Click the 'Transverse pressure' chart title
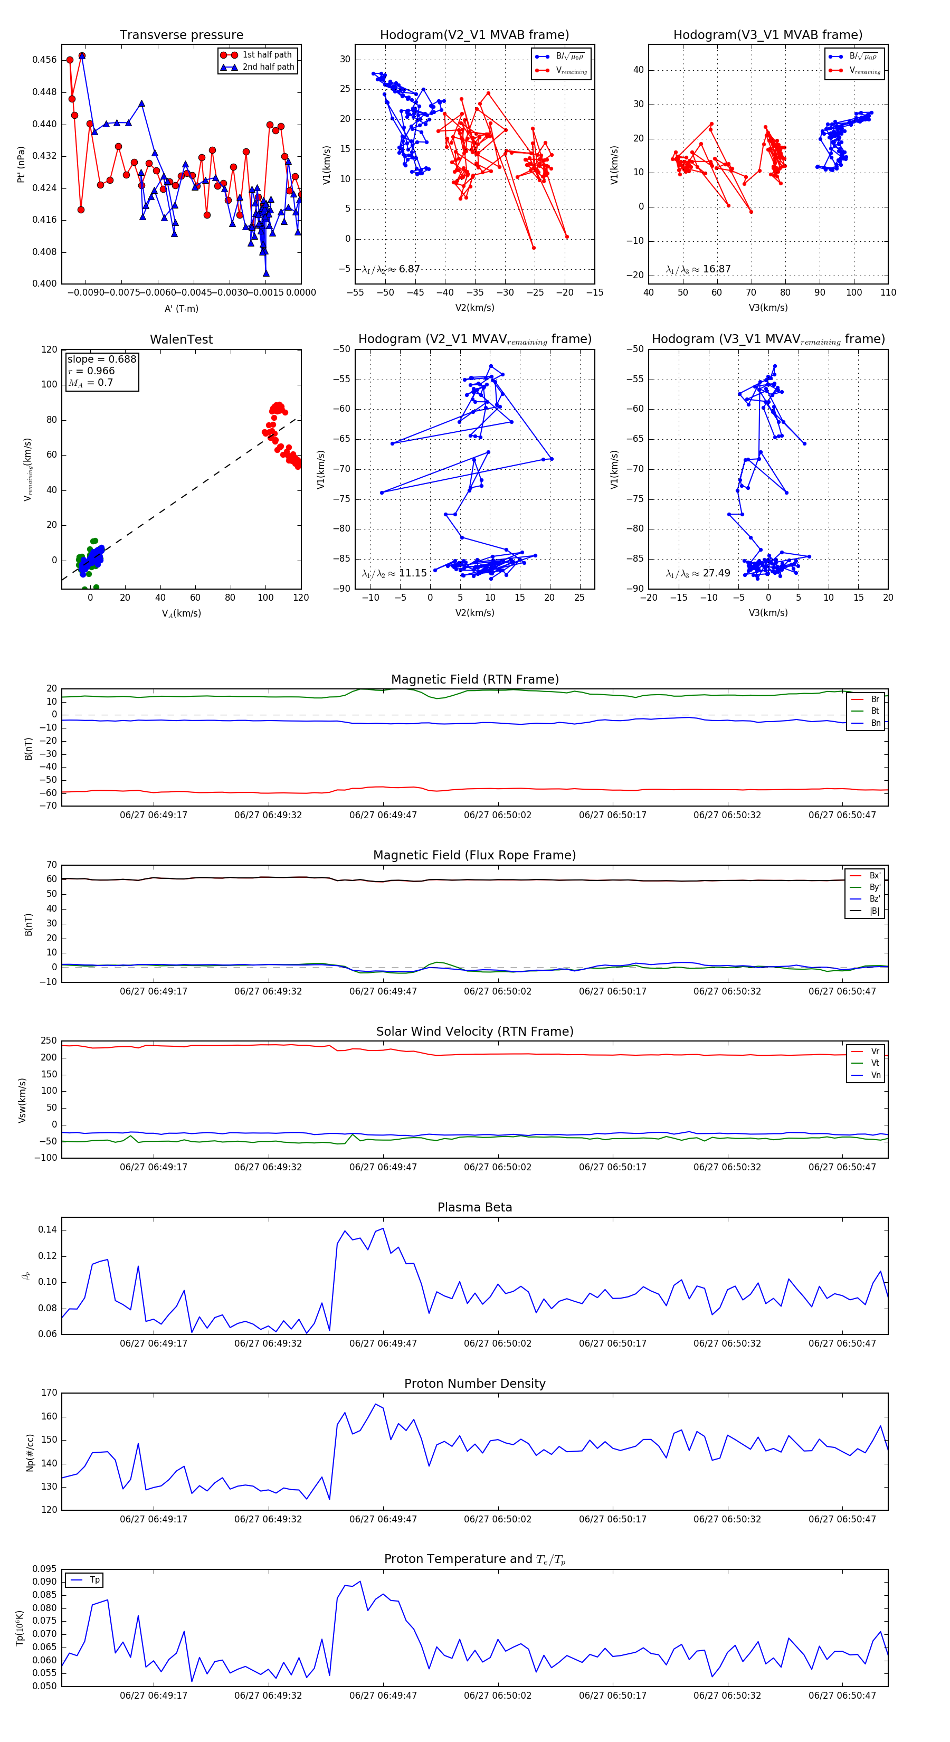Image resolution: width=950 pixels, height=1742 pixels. pos(181,35)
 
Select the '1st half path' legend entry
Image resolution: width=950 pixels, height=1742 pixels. pos(267,55)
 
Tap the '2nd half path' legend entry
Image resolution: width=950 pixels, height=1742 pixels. pos(269,67)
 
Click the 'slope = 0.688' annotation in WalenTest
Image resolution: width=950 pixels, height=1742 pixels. pos(101,359)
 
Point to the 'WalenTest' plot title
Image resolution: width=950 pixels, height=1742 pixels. pos(181,339)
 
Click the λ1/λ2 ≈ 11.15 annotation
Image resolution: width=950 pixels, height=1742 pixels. pos(394,573)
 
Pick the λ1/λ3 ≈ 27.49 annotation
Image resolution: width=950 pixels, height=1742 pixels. pos(698,573)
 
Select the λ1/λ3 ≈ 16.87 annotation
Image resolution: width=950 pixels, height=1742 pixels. pos(698,269)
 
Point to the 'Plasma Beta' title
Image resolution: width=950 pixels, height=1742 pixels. pos(474,1208)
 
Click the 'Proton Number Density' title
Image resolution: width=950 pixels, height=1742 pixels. pos(474,1384)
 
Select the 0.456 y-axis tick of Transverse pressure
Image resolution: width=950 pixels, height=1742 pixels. pos(45,60)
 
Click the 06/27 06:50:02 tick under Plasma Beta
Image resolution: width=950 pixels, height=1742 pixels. pos(498,1343)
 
